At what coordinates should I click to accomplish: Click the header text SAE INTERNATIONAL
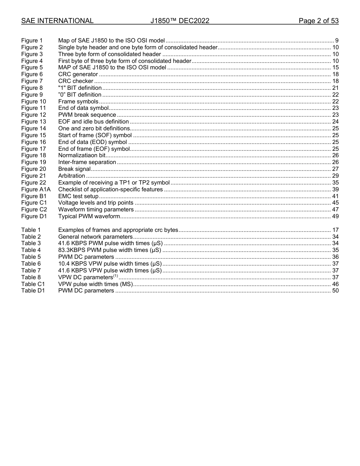tap(57, 21)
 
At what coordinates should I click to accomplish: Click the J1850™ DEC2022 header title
tap(180, 21)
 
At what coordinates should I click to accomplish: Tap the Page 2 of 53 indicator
tap(318, 21)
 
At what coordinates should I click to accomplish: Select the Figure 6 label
tap(32, 74)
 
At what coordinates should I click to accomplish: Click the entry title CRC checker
tap(75, 81)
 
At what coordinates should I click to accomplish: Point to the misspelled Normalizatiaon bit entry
tap(81, 155)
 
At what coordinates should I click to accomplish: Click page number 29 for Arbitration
tap(335, 176)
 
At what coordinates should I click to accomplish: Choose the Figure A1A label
tap(36, 189)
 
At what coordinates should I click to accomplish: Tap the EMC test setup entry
tap(78, 196)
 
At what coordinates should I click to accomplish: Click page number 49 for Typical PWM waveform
tap(335, 216)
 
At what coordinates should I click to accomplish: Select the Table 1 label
tap(31, 230)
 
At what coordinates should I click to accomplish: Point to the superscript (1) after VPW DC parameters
tap(116, 276)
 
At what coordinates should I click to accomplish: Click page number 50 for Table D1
tap(335, 291)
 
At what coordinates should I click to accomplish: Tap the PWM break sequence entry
tap(87, 115)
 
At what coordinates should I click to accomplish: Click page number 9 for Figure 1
tap(337, 41)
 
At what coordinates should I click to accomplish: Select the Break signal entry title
tap(74, 169)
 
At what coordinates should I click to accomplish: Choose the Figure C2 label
tap(34, 210)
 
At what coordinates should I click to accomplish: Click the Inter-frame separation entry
tap(87, 162)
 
